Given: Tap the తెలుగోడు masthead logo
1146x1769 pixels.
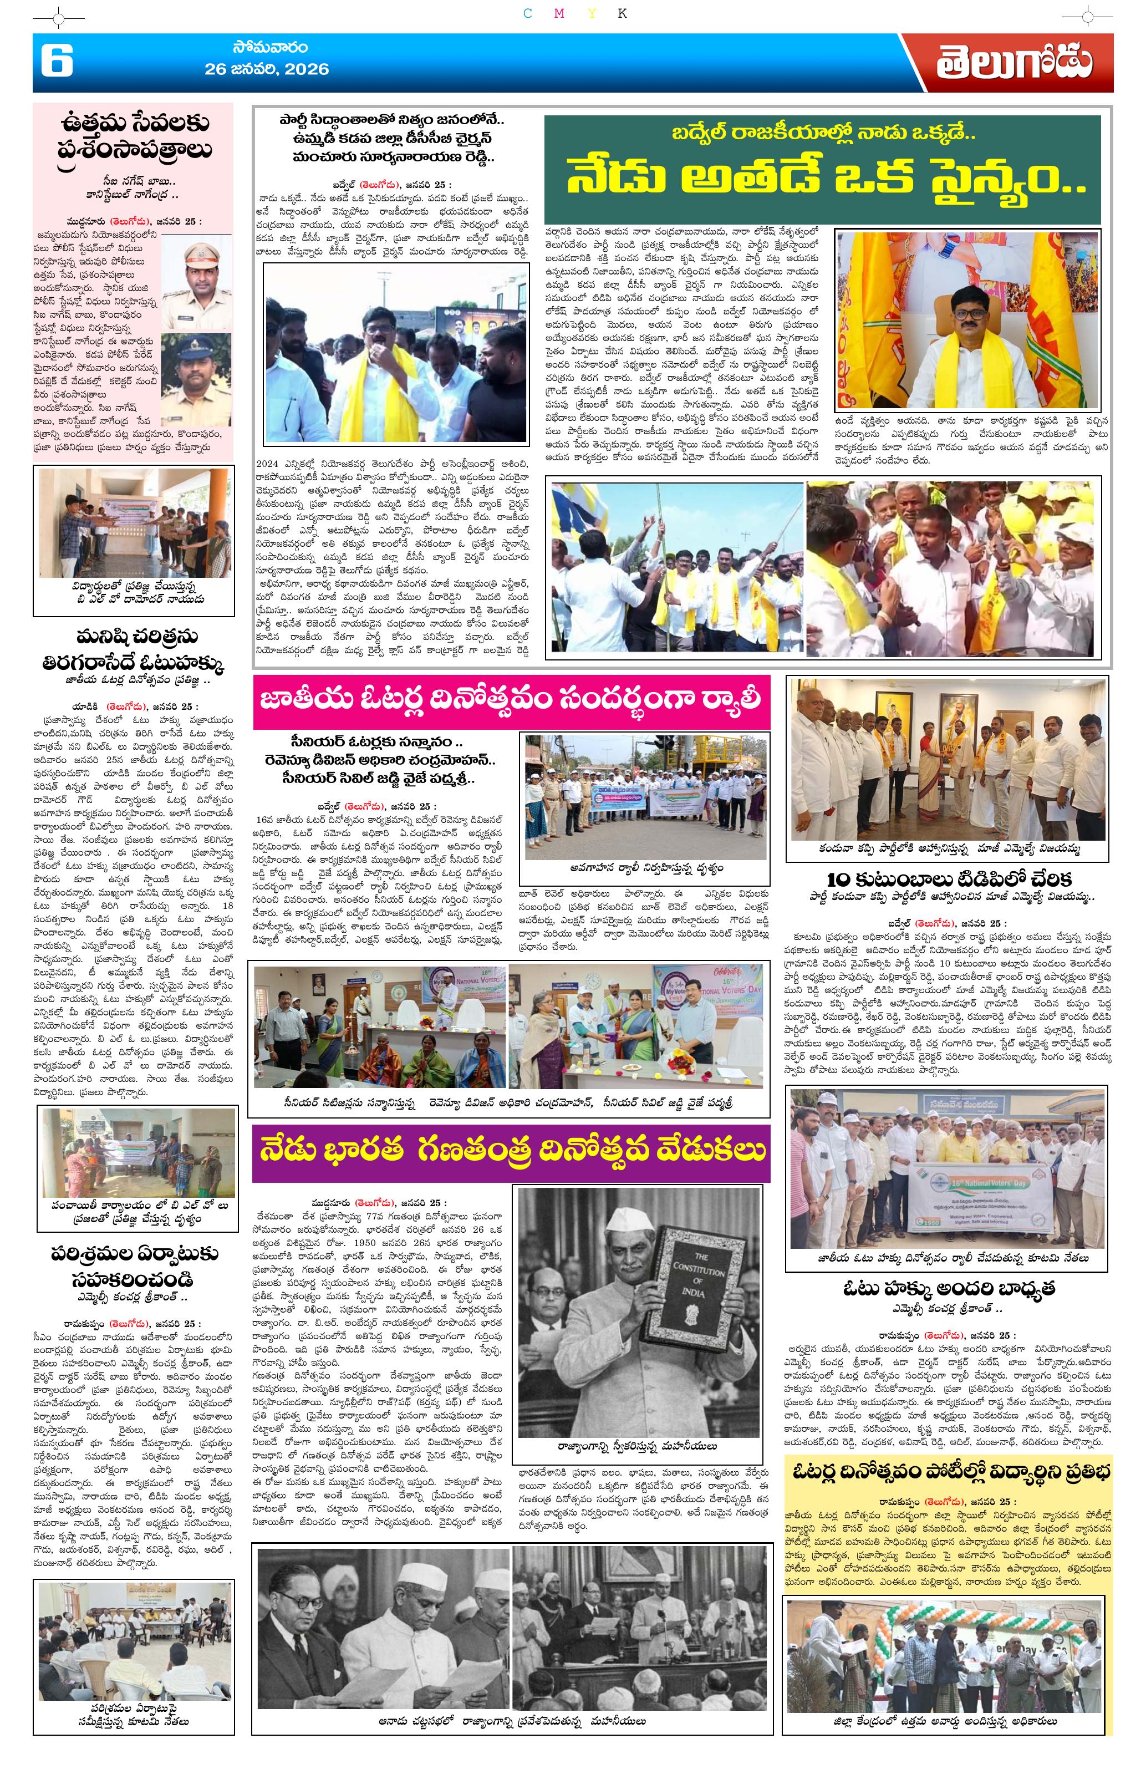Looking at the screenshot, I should click(x=1013, y=63).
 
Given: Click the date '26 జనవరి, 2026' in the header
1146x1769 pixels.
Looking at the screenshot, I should click(x=267, y=69).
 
